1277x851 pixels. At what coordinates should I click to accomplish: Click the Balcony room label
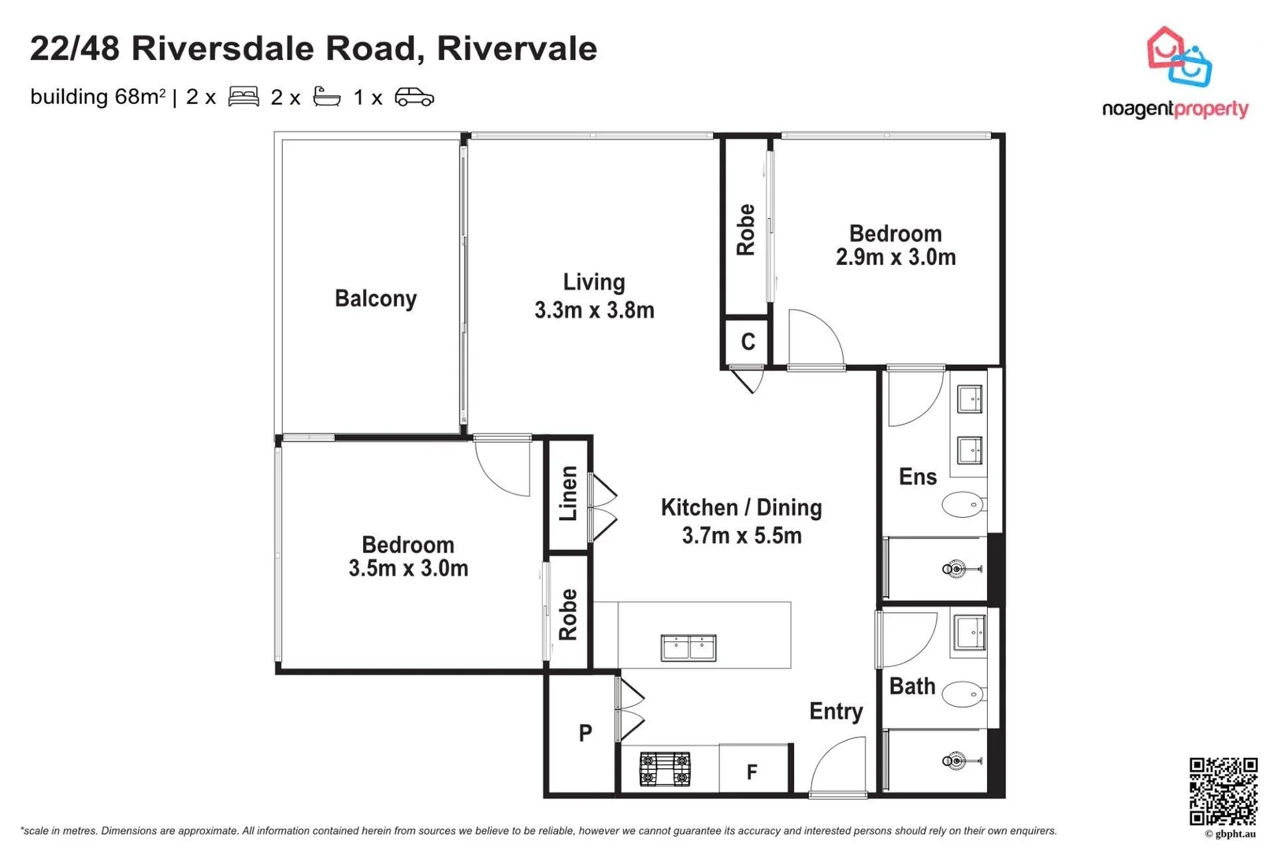375,299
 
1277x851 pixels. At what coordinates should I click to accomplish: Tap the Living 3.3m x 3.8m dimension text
594,310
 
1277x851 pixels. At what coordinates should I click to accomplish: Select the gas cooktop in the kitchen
664,770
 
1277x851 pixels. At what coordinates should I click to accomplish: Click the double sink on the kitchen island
689,648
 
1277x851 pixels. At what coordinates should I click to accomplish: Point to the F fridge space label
752,772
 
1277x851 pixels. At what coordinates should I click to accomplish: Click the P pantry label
585,734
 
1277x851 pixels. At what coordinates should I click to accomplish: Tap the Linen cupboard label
569,494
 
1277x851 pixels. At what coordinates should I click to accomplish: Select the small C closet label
748,342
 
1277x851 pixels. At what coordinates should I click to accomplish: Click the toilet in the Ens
963,504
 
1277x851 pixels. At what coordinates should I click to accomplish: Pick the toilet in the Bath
963,694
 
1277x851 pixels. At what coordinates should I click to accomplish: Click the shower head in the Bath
956,761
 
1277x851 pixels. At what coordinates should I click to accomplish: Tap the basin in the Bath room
970,632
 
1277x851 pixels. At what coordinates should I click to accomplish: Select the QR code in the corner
1223,791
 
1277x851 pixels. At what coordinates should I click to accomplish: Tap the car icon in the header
414,97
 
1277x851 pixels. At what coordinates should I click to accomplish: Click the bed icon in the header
243,97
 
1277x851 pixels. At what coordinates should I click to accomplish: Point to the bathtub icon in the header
327,97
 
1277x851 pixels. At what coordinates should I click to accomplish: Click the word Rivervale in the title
517,48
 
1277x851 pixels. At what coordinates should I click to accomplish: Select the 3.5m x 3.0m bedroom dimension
408,569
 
